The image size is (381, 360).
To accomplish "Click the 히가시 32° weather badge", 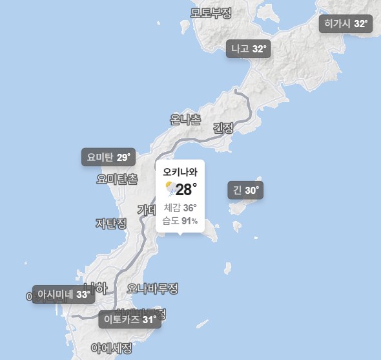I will [346, 24].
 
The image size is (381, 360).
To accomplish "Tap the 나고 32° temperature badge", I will [249, 49].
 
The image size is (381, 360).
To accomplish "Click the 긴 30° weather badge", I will [245, 191].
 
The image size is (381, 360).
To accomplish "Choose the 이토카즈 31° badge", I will [130, 319].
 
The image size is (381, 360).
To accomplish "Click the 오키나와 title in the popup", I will [180, 173].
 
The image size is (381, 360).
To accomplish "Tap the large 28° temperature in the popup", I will [186, 189].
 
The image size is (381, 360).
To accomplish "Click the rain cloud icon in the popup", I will [170, 189].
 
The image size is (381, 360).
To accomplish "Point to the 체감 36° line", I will [180, 207].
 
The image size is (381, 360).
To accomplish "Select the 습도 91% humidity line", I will [180, 221].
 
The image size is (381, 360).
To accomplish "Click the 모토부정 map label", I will [211, 12].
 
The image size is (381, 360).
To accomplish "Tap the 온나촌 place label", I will [185, 120].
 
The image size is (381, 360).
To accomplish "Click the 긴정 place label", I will [223, 128].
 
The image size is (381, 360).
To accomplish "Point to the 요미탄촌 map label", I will [117, 178].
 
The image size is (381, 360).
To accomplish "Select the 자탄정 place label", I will [111, 223].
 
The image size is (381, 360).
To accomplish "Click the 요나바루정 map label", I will [152, 288].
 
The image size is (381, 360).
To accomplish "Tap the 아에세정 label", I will [112, 348].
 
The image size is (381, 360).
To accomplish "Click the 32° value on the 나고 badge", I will [259, 49].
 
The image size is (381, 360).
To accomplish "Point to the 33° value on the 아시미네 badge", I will [83, 294].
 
